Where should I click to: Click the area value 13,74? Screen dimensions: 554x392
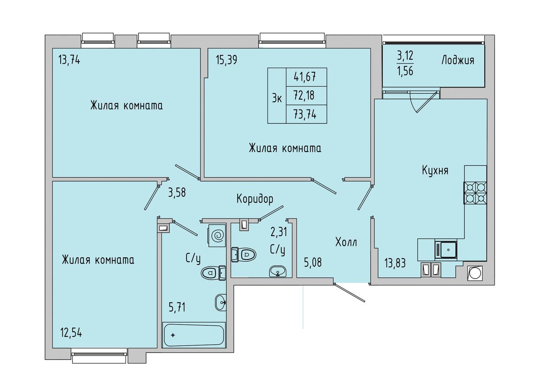(69, 60)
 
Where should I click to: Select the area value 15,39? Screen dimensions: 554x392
(226, 60)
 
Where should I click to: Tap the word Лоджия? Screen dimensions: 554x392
(458, 61)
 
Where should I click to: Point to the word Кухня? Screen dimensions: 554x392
(435, 171)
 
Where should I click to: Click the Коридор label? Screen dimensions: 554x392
(255, 199)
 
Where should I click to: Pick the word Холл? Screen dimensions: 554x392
(346, 242)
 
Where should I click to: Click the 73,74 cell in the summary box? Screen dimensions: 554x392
(305, 114)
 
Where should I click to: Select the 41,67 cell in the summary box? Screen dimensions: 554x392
(305, 77)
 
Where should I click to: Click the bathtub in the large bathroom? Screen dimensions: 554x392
(193, 335)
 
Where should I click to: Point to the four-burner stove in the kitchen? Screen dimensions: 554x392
(475, 193)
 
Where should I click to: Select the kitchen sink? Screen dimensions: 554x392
(446, 249)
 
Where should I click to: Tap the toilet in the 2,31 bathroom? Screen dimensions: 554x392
(244, 254)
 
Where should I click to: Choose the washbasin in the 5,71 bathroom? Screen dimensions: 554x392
(221, 302)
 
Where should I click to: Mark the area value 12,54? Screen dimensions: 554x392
(71, 333)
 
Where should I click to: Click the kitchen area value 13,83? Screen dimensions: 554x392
(395, 263)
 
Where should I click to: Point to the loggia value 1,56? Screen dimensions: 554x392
(405, 71)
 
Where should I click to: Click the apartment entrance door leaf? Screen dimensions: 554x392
(349, 293)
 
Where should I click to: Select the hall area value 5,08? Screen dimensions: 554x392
(313, 262)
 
